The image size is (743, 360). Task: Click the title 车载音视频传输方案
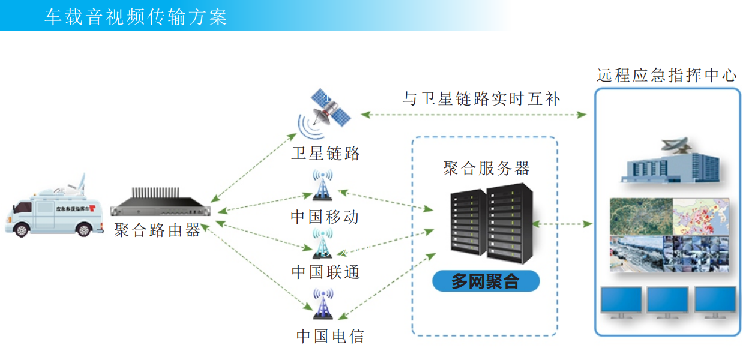pyautogui.click(x=136, y=16)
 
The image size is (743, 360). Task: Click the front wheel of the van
pyautogui.click(x=22, y=229)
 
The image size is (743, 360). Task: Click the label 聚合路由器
pyautogui.click(x=158, y=230)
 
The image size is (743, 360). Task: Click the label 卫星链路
pyautogui.click(x=326, y=154)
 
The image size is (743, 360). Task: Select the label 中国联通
pyautogui.click(x=326, y=272)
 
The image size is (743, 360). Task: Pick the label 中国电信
pyautogui.click(x=330, y=335)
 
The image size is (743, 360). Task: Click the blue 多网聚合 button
pyautogui.click(x=486, y=281)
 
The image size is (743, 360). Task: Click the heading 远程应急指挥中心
pyautogui.click(x=666, y=76)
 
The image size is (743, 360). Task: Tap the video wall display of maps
pyautogui.click(x=669, y=235)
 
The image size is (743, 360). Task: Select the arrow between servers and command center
pyautogui.click(x=562, y=224)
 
